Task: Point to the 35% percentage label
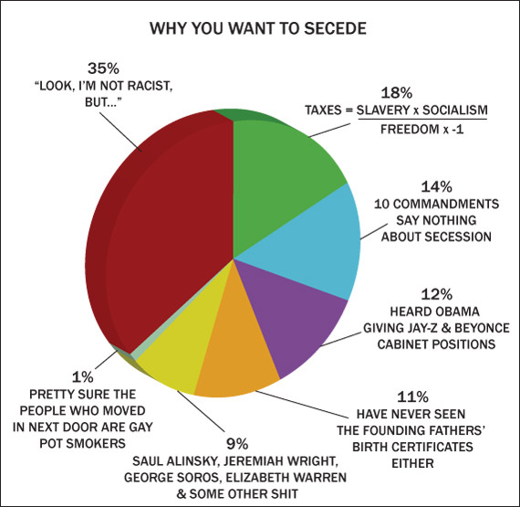pos(103,69)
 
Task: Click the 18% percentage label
pos(396,92)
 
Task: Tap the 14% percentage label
pos(436,187)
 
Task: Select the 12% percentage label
pos(436,294)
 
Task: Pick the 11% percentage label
pos(412,396)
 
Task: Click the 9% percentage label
pos(237,444)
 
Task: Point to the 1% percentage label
pos(83,377)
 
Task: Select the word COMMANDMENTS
pos(446,204)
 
